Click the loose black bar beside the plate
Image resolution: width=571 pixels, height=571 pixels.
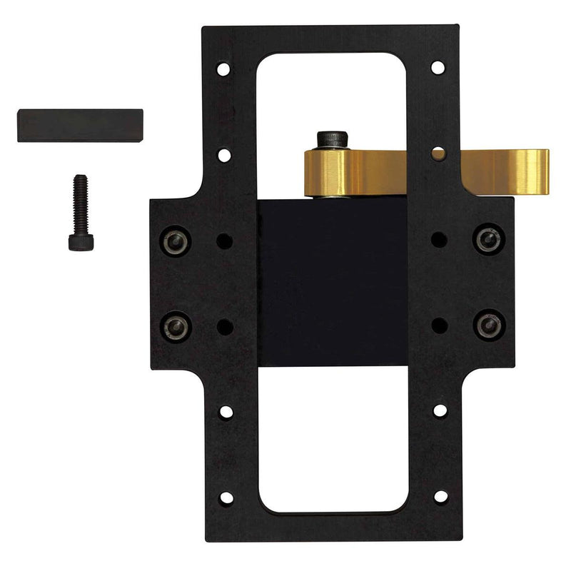(80, 126)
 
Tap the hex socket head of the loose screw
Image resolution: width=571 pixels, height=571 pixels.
(76, 243)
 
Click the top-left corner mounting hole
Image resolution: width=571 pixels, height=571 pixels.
(224, 70)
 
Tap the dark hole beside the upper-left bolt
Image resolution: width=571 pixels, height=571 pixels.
(224, 239)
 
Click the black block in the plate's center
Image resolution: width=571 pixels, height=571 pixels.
(332, 282)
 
